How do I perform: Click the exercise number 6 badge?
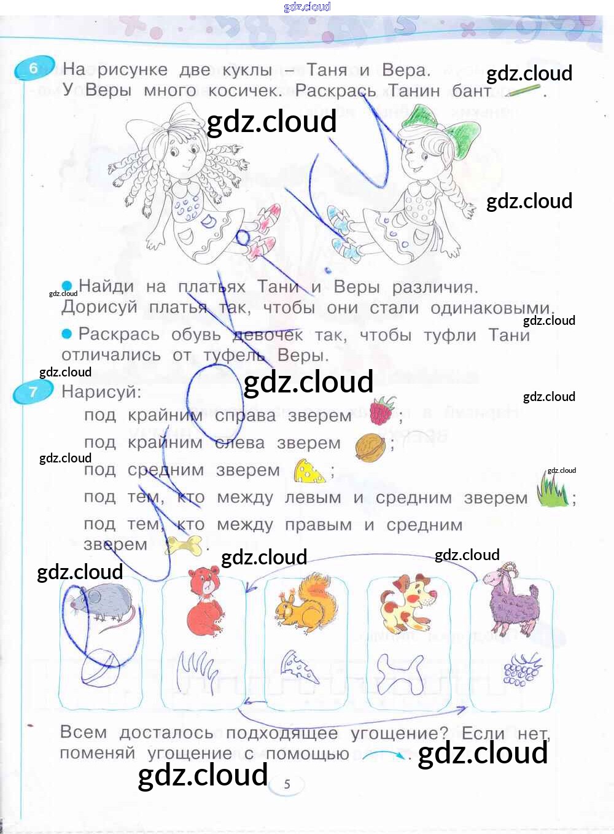pyautogui.click(x=34, y=68)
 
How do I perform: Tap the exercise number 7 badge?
pyautogui.click(x=33, y=391)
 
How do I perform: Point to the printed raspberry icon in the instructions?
pyautogui.click(x=381, y=411)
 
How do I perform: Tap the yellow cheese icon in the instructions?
pyautogui.click(x=309, y=471)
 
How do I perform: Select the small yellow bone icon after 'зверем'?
pyautogui.click(x=184, y=545)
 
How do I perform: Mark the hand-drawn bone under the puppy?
pyautogui.click(x=400, y=674)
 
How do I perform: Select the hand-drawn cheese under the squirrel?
pyautogui.click(x=300, y=668)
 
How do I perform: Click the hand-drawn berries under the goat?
pyautogui.click(x=522, y=669)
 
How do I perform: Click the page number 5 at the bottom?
pyautogui.click(x=287, y=784)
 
